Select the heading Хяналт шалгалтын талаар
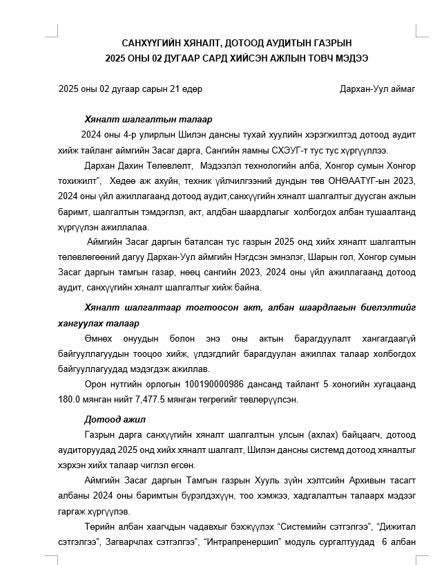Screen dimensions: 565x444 coord(138,119)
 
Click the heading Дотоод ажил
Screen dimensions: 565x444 coord(115,419)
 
